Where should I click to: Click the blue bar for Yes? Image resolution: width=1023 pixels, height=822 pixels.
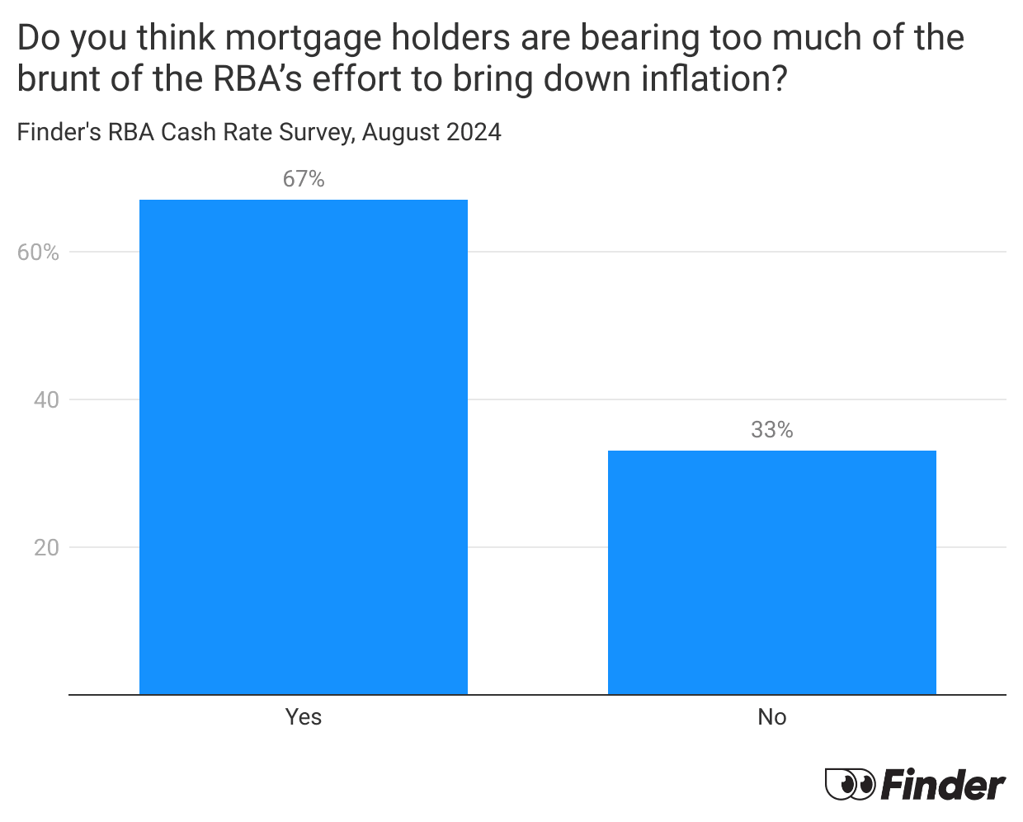pos(304,446)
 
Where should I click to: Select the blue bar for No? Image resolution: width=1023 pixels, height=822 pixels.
pos(771,572)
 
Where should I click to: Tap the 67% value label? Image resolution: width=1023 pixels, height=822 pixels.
pos(304,179)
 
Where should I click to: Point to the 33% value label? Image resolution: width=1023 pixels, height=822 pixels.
pos(771,430)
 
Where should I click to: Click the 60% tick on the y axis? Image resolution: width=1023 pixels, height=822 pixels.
pos(39,253)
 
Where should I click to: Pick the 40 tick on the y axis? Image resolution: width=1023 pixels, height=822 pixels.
pos(46,400)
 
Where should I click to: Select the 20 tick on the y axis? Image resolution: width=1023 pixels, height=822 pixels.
pos(46,548)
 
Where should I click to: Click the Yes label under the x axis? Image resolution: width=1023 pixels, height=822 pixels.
pos(304,717)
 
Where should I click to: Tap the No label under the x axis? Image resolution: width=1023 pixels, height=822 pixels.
pos(771,717)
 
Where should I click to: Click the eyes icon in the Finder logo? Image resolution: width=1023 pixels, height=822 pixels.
pos(850,784)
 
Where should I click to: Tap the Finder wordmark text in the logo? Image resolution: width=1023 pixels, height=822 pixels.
pos(943,784)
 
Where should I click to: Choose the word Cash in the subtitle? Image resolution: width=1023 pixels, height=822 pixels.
pos(186,132)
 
